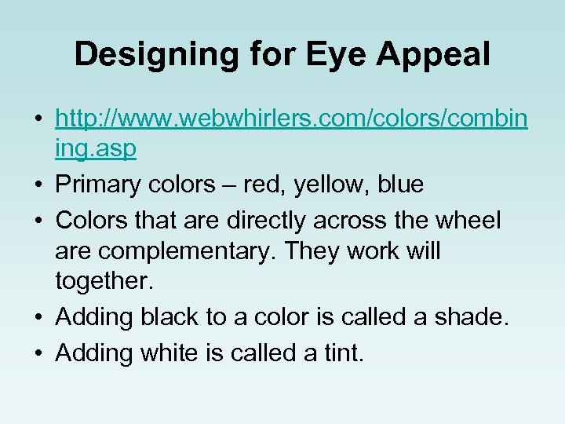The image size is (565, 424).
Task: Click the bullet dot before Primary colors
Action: [38, 185]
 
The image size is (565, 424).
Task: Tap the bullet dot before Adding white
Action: [38, 354]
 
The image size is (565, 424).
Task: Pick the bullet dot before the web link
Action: [38, 119]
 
